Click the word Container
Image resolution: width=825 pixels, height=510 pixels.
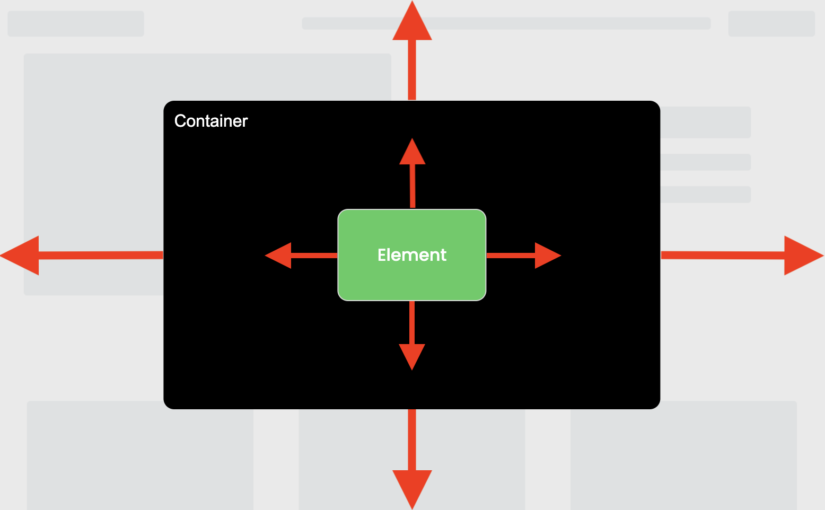tap(211, 121)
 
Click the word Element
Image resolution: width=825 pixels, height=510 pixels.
tap(412, 255)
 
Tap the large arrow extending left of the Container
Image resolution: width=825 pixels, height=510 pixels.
tap(80, 256)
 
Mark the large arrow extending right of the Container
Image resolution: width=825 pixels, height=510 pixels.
tap(742, 256)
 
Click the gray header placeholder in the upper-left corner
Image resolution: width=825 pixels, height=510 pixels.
tap(76, 24)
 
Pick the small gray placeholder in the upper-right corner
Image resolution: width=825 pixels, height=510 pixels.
tap(771, 24)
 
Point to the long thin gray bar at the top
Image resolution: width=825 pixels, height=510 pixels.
tap(557, 23)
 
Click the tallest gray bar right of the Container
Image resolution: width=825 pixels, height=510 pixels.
tap(706, 122)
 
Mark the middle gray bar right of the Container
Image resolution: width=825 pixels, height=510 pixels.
tap(706, 162)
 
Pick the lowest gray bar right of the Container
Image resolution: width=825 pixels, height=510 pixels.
tap(706, 195)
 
